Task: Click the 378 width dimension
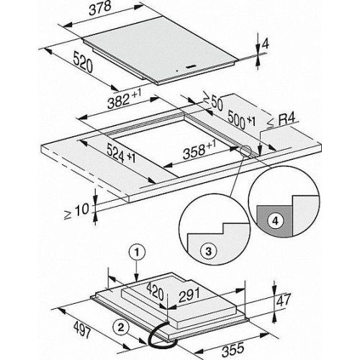100,9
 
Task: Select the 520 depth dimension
83,63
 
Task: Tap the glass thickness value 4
265,44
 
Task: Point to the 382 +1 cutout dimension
124,98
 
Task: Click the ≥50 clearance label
213,101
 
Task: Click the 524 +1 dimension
121,153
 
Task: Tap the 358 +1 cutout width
199,150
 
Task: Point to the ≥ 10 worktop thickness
76,211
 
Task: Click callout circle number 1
137,253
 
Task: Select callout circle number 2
121,328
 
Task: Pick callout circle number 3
208,251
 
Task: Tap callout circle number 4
275,220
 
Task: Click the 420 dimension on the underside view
155,292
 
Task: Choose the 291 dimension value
189,295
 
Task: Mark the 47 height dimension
284,300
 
